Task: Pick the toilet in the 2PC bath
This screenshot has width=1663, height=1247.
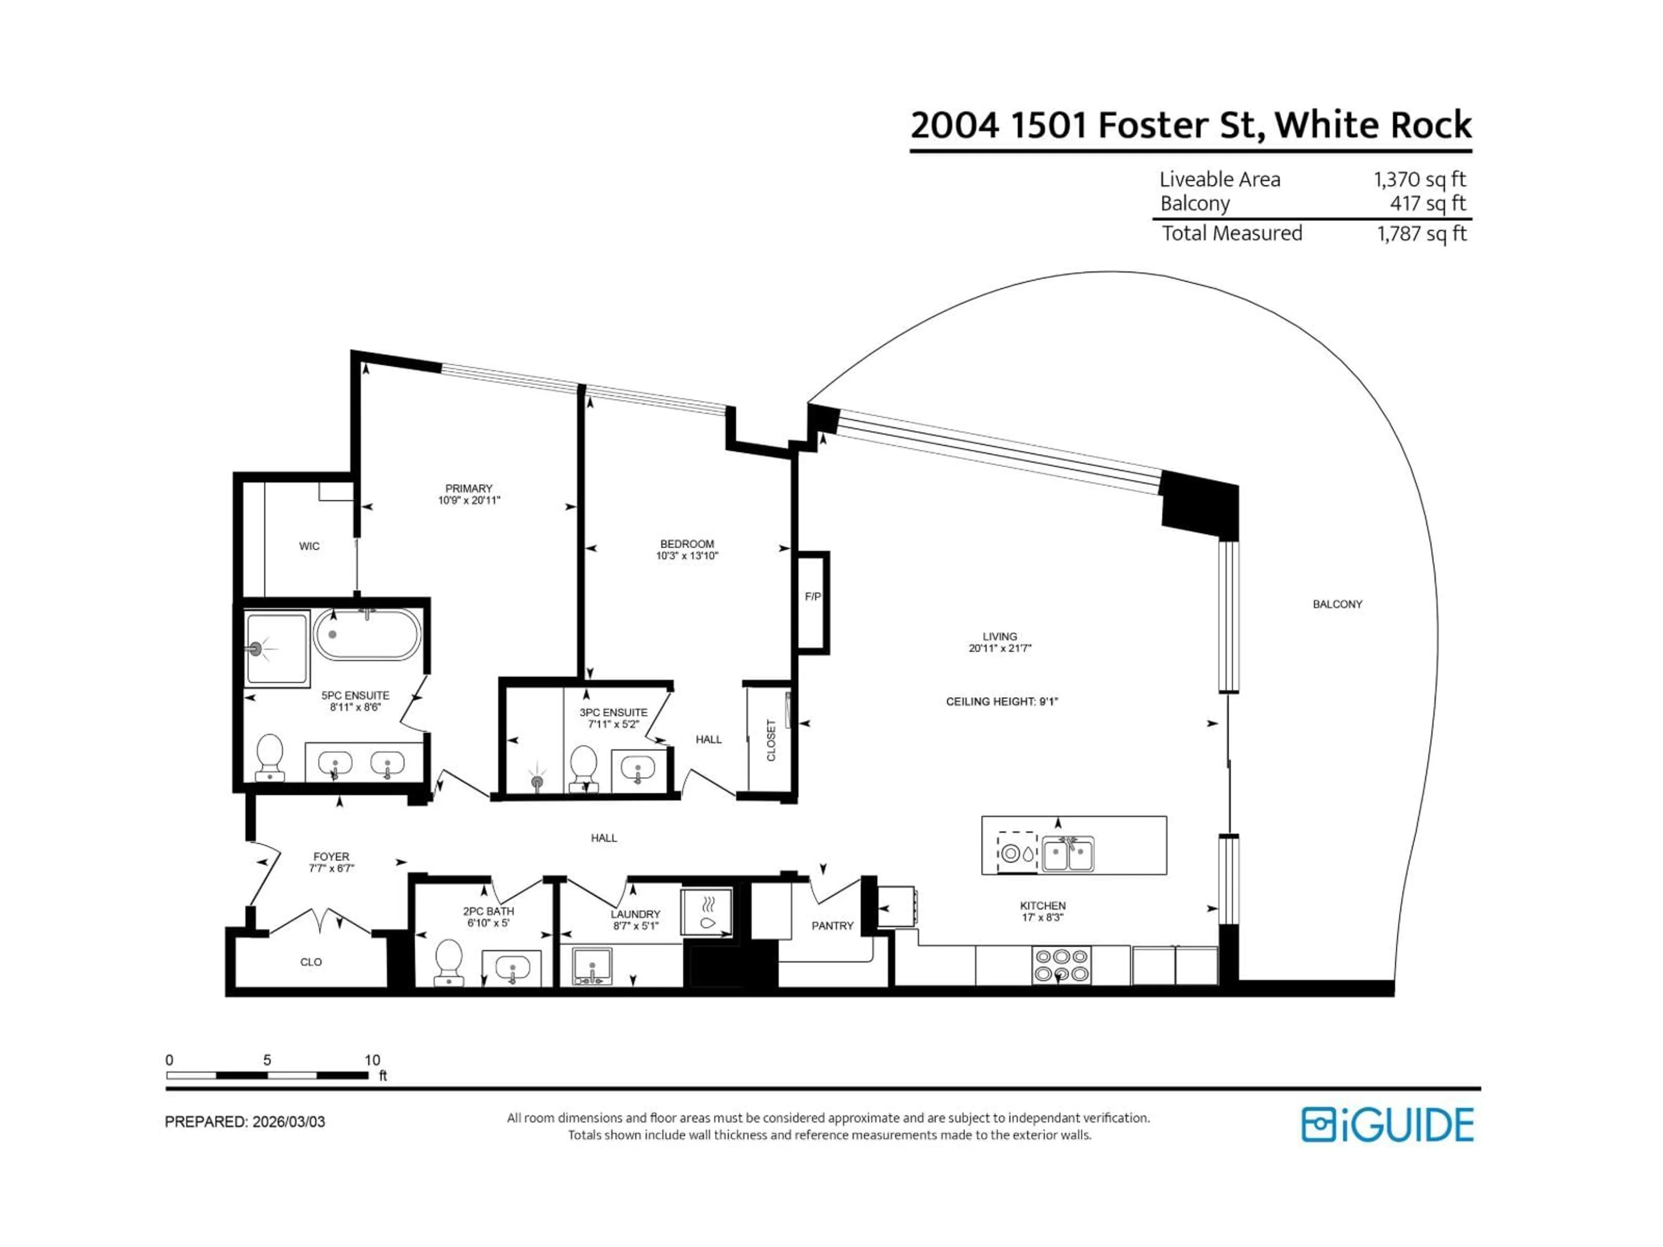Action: pyautogui.click(x=449, y=961)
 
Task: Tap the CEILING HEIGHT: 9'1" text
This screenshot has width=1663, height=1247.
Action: pyautogui.click(x=1001, y=702)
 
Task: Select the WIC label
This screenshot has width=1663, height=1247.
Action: pyautogui.click(x=309, y=546)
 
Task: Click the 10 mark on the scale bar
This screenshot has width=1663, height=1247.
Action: pyautogui.click(x=372, y=1060)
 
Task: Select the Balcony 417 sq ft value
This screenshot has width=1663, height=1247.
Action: pyautogui.click(x=1427, y=204)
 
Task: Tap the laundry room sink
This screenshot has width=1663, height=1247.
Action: pyautogui.click(x=592, y=965)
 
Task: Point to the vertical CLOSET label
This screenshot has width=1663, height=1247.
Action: pyautogui.click(x=770, y=740)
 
